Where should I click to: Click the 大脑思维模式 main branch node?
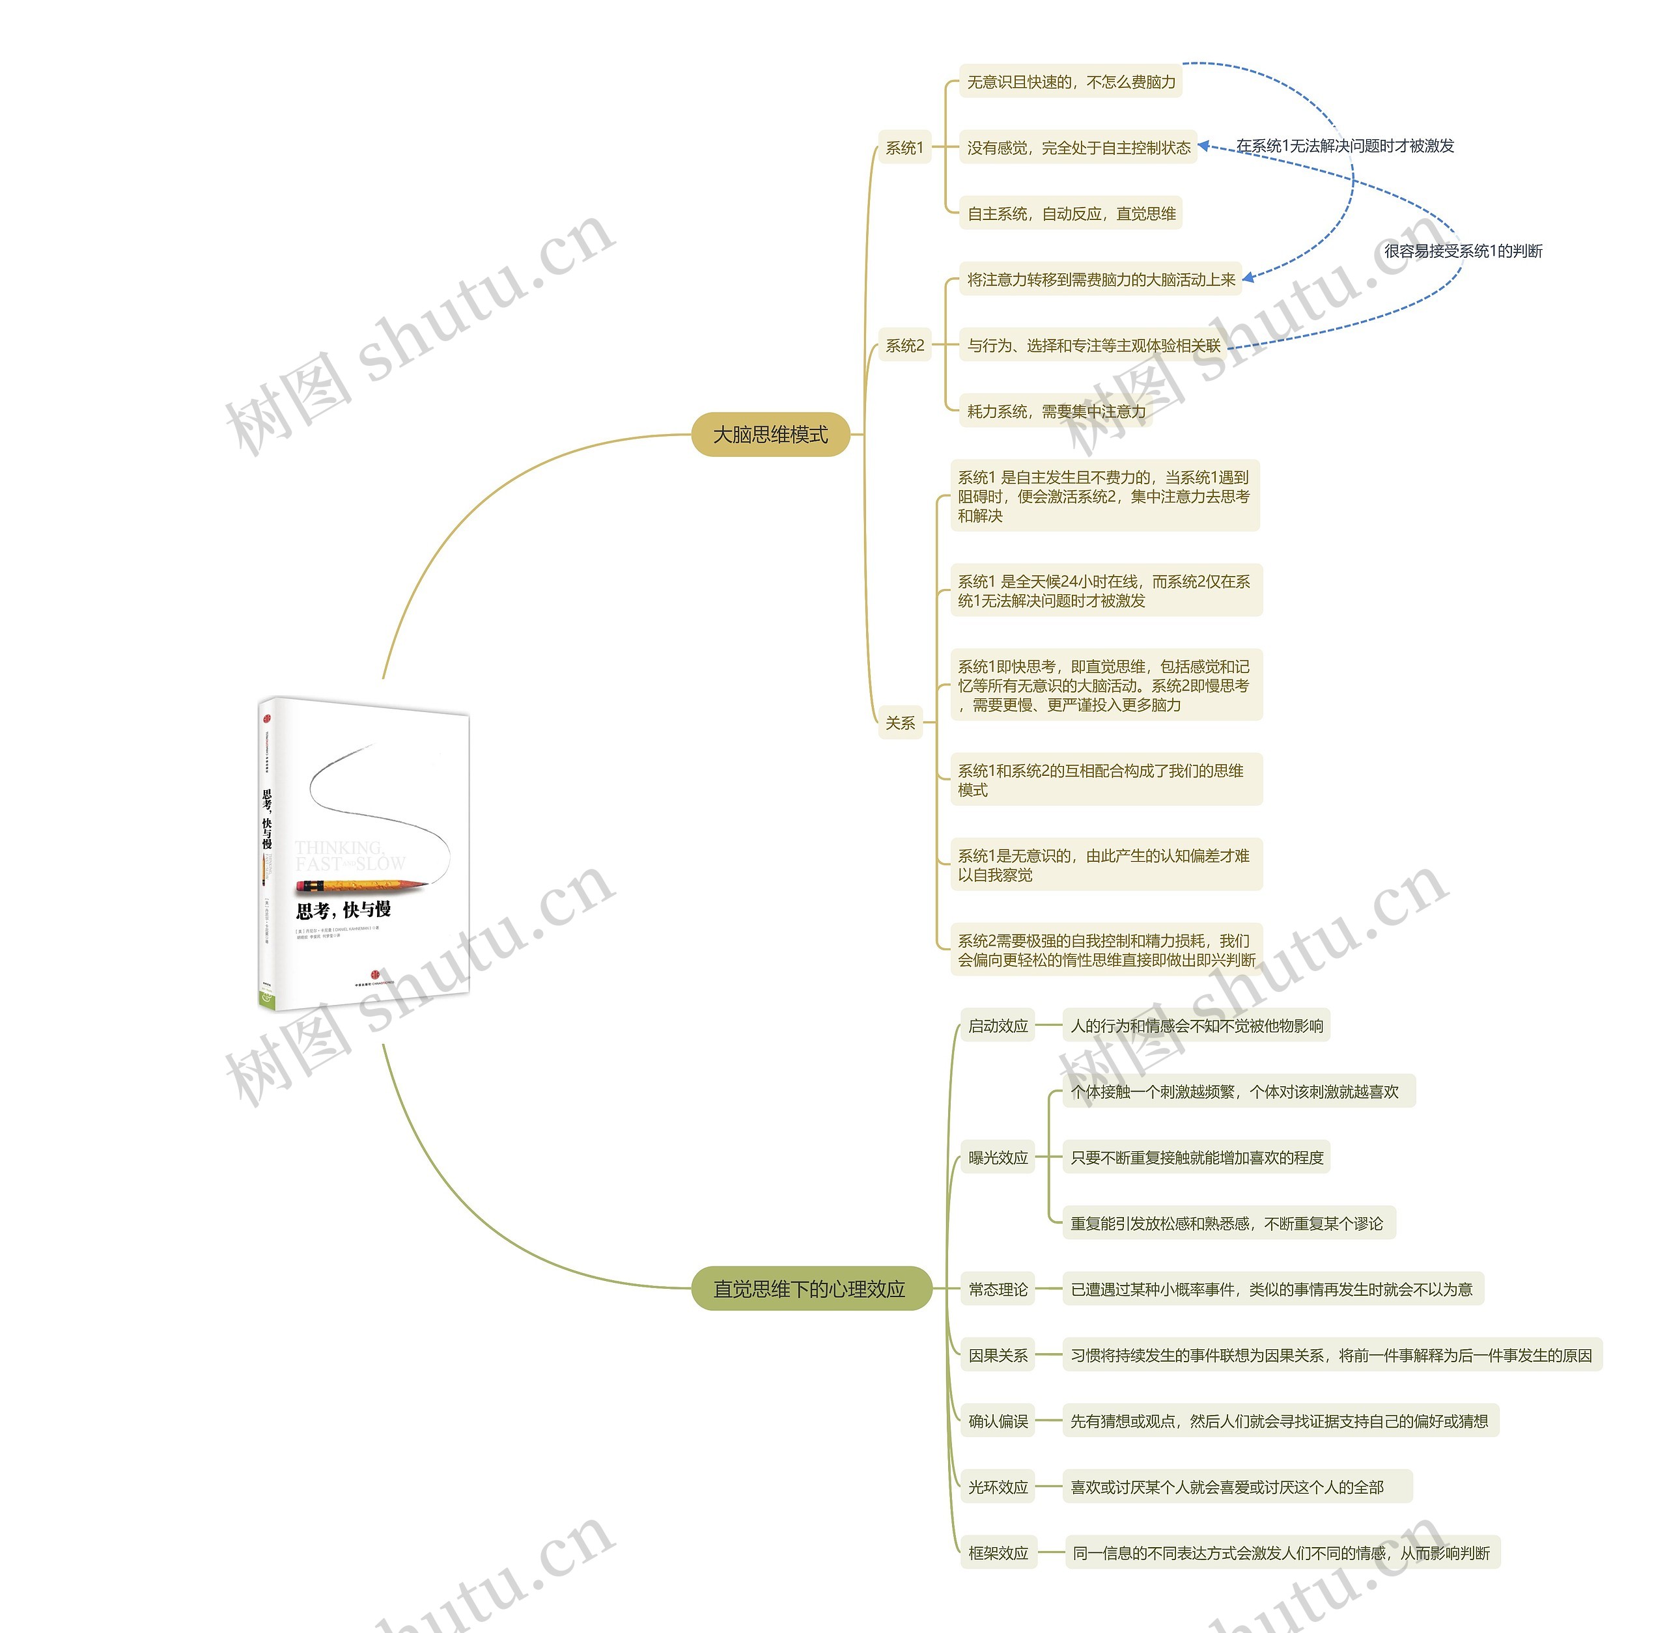[x=770, y=435]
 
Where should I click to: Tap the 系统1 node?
[x=904, y=148]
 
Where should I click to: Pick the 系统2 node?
[x=904, y=346]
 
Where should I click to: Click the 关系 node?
[x=900, y=723]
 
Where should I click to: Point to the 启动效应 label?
[x=997, y=1026]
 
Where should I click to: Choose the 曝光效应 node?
[x=997, y=1158]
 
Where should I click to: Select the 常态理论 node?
[x=997, y=1289]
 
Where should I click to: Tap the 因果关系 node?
[x=997, y=1355]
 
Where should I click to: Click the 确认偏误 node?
[x=997, y=1421]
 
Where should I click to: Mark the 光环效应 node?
[x=997, y=1487]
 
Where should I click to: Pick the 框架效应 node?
[x=998, y=1553]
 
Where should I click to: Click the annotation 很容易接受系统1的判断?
[x=1463, y=251]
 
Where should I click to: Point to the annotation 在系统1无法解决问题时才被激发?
[x=1345, y=146]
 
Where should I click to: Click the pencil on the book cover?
[x=360, y=885]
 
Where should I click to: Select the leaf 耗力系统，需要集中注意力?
[x=1056, y=412]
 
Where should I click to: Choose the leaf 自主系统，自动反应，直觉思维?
[x=1071, y=213]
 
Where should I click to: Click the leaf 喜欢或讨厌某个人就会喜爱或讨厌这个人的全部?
[x=1226, y=1487]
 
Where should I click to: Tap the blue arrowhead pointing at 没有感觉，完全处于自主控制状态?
[x=1204, y=146]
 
